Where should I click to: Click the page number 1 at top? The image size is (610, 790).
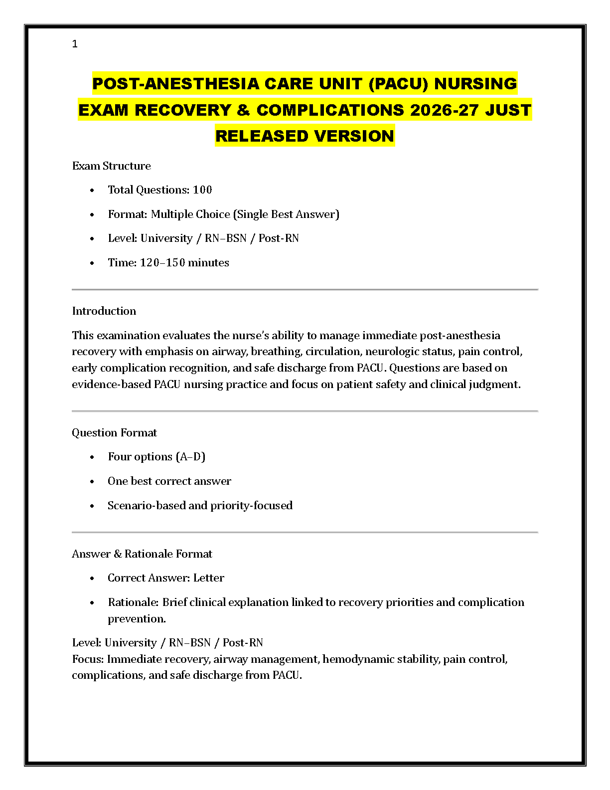pyautogui.click(x=75, y=44)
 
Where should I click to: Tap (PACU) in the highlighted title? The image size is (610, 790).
pyautogui.click(x=398, y=83)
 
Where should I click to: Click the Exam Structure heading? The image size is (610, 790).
pyautogui.click(x=111, y=166)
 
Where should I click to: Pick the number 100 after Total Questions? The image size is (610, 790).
pyautogui.click(x=202, y=190)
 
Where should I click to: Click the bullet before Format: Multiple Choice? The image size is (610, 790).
pyautogui.click(x=92, y=214)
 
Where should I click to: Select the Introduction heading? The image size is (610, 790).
pyautogui.click(x=104, y=311)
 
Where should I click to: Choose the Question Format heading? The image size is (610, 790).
pyautogui.click(x=114, y=433)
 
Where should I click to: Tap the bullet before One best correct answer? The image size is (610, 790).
pyautogui.click(x=92, y=481)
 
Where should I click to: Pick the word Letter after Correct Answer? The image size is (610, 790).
pyautogui.click(x=209, y=578)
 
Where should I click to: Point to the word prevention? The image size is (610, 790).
pyautogui.click(x=137, y=619)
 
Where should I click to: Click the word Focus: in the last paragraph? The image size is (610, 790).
pyautogui.click(x=88, y=659)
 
